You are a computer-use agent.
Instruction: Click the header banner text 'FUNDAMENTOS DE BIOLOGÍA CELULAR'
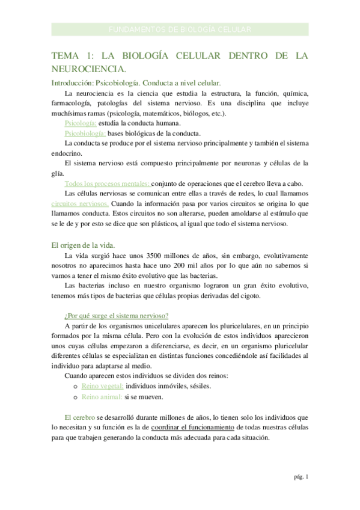click(180, 29)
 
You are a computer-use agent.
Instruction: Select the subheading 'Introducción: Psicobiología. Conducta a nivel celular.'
click(136, 83)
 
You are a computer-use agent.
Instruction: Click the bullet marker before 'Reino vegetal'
click(75, 387)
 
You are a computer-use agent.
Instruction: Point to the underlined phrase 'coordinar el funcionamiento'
click(192, 427)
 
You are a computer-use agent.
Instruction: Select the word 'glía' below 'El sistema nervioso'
click(58, 173)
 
